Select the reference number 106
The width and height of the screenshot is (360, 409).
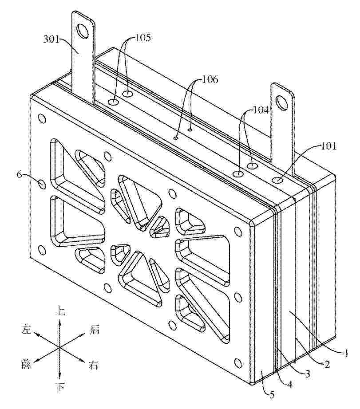(x=210, y=79)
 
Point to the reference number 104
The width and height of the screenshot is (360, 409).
(x=261, y=110)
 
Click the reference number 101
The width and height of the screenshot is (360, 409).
(x=328, y=146)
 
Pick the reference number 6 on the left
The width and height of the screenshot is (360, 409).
(x=20, y=175)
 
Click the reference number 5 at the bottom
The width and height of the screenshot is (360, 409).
(x=272, y=395)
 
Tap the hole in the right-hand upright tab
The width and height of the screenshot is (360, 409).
(x=281, y=102)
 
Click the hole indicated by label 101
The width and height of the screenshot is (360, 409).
(x=277, y=180)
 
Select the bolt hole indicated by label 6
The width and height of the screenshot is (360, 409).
(x=42, y=184)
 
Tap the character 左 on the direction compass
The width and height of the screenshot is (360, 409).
(x=26, y=329)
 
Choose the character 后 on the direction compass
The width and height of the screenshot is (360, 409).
(x=95, y=330)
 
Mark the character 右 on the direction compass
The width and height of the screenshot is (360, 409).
(x=93, y=365)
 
